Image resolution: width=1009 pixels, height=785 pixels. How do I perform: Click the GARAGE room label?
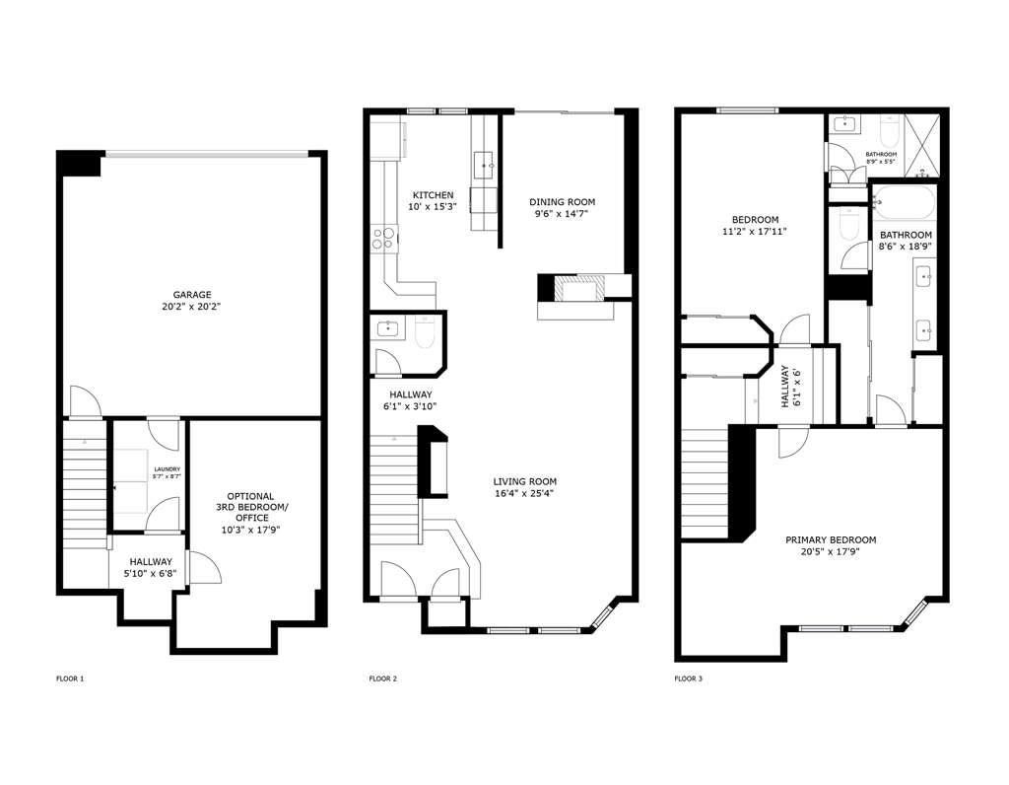(x=192, y=294)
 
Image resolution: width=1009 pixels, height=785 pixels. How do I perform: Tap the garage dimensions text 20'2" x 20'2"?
(x=192, y=307)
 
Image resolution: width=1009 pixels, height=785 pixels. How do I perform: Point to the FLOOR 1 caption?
(x=70, y=678)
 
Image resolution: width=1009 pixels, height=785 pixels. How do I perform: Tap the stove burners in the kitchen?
(x=382, y=237)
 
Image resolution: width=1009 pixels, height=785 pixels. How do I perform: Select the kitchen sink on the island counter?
(x=485, y=162)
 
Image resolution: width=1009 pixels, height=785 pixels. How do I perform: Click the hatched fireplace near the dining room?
(x=576, y=288)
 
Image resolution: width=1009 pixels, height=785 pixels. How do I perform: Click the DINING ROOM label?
(x=563, y=202)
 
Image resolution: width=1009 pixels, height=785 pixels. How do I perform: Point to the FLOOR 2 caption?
(x=382, y=678)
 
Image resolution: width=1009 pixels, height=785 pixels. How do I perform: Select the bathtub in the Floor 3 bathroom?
(x=905, y=204)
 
